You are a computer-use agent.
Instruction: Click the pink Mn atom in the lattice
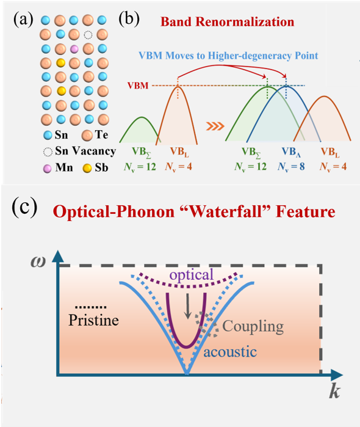(x=74, y=49)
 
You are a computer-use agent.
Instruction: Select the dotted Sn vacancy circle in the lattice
(x=88, y=35)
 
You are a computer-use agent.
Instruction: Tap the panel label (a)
(x=23, y=20)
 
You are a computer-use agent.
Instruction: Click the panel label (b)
(x=129, y=20)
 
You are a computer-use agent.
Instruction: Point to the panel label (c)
(x=24, y=209)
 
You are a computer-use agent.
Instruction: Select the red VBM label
(x=138, y=86)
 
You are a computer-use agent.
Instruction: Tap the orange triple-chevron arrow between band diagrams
(x=215, y=126)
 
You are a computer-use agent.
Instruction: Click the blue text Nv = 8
(x=291, y=166)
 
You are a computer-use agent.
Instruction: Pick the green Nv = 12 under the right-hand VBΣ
(x=251, y=166)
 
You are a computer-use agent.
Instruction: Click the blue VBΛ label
(x=291, y=152)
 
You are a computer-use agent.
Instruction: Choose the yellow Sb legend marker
(x=87, y=168)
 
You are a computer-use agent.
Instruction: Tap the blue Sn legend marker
(x=48, y=136)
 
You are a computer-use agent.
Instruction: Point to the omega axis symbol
(x=38, y=261)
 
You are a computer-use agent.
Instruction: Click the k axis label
(x=334, y=392)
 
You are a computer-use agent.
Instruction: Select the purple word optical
(x=192, y=275)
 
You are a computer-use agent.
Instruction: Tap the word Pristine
(x=93, y=320)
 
